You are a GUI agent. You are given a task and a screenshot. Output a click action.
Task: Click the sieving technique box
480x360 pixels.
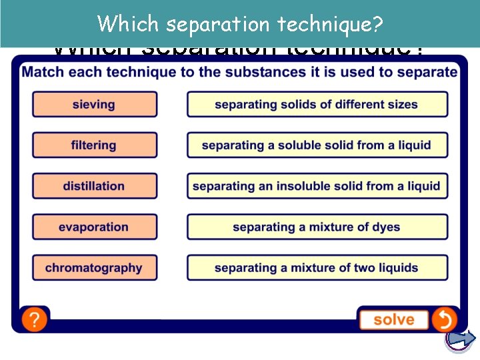tap(95, 105)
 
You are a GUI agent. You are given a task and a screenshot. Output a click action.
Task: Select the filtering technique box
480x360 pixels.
tap(95, 145)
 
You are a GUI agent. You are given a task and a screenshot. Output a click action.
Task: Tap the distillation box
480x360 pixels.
tap(95, 186)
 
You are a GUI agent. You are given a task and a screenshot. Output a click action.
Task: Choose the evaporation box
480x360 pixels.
tap(95, 227)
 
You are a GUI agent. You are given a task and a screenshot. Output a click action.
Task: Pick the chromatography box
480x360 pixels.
tap(95, 268)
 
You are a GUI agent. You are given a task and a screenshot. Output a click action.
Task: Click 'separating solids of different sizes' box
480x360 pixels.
tap(317, 105)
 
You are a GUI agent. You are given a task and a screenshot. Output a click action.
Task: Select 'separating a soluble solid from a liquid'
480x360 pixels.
tap(317, 145)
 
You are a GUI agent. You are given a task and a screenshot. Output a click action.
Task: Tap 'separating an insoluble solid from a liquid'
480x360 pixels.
tap(317, 186)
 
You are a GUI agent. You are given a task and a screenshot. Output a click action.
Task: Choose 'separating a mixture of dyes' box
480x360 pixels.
tap(317, 227)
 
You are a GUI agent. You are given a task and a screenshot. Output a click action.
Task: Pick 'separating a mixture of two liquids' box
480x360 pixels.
tap(317, 268)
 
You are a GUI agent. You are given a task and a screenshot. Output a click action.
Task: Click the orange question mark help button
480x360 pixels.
tap(34, 319)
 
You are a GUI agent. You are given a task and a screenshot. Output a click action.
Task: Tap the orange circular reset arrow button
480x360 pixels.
tap(444, 319)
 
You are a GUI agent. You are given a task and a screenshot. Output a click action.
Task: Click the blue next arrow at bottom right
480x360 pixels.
tap(461, 339)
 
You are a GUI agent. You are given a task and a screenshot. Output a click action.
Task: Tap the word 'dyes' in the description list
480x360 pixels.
tap(386, 227)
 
